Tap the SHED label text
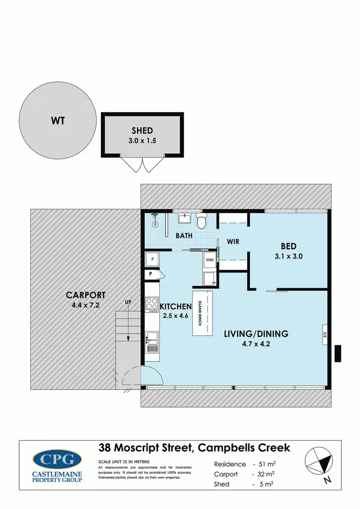pos(142,131)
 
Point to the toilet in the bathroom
pos(202,221)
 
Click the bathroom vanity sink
pos(184,219)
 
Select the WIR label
pos(233,241)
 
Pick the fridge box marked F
pos(152,259)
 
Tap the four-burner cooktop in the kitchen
pos(152,304)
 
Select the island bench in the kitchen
pos(202,315)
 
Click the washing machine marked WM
pos(209,260)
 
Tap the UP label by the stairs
pos(128,303)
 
